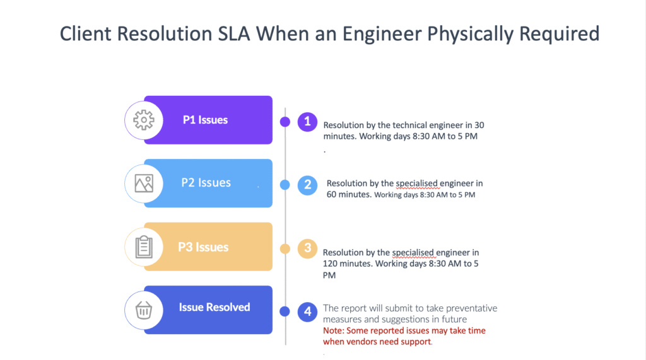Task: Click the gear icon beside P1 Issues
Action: [144, 120]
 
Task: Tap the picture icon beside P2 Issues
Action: [144, 183]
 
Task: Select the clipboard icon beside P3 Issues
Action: [144, 247]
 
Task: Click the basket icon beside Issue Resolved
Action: [144, 310]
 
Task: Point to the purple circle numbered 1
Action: [307, 122]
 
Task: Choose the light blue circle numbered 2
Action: [307, 185]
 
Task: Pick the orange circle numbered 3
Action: [307, 248]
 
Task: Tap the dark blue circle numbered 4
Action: [307, 312]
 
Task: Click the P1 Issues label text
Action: [205, 120]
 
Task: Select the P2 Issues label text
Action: [206, 182]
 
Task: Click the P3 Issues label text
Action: [203, 247]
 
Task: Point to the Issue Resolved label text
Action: [214, 307]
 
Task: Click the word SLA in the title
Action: [233, 34]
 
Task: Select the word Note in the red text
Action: [332, 331]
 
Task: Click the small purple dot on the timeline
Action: [285, 122]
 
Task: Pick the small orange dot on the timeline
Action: [285, 248]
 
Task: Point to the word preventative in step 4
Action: [471, 308]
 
